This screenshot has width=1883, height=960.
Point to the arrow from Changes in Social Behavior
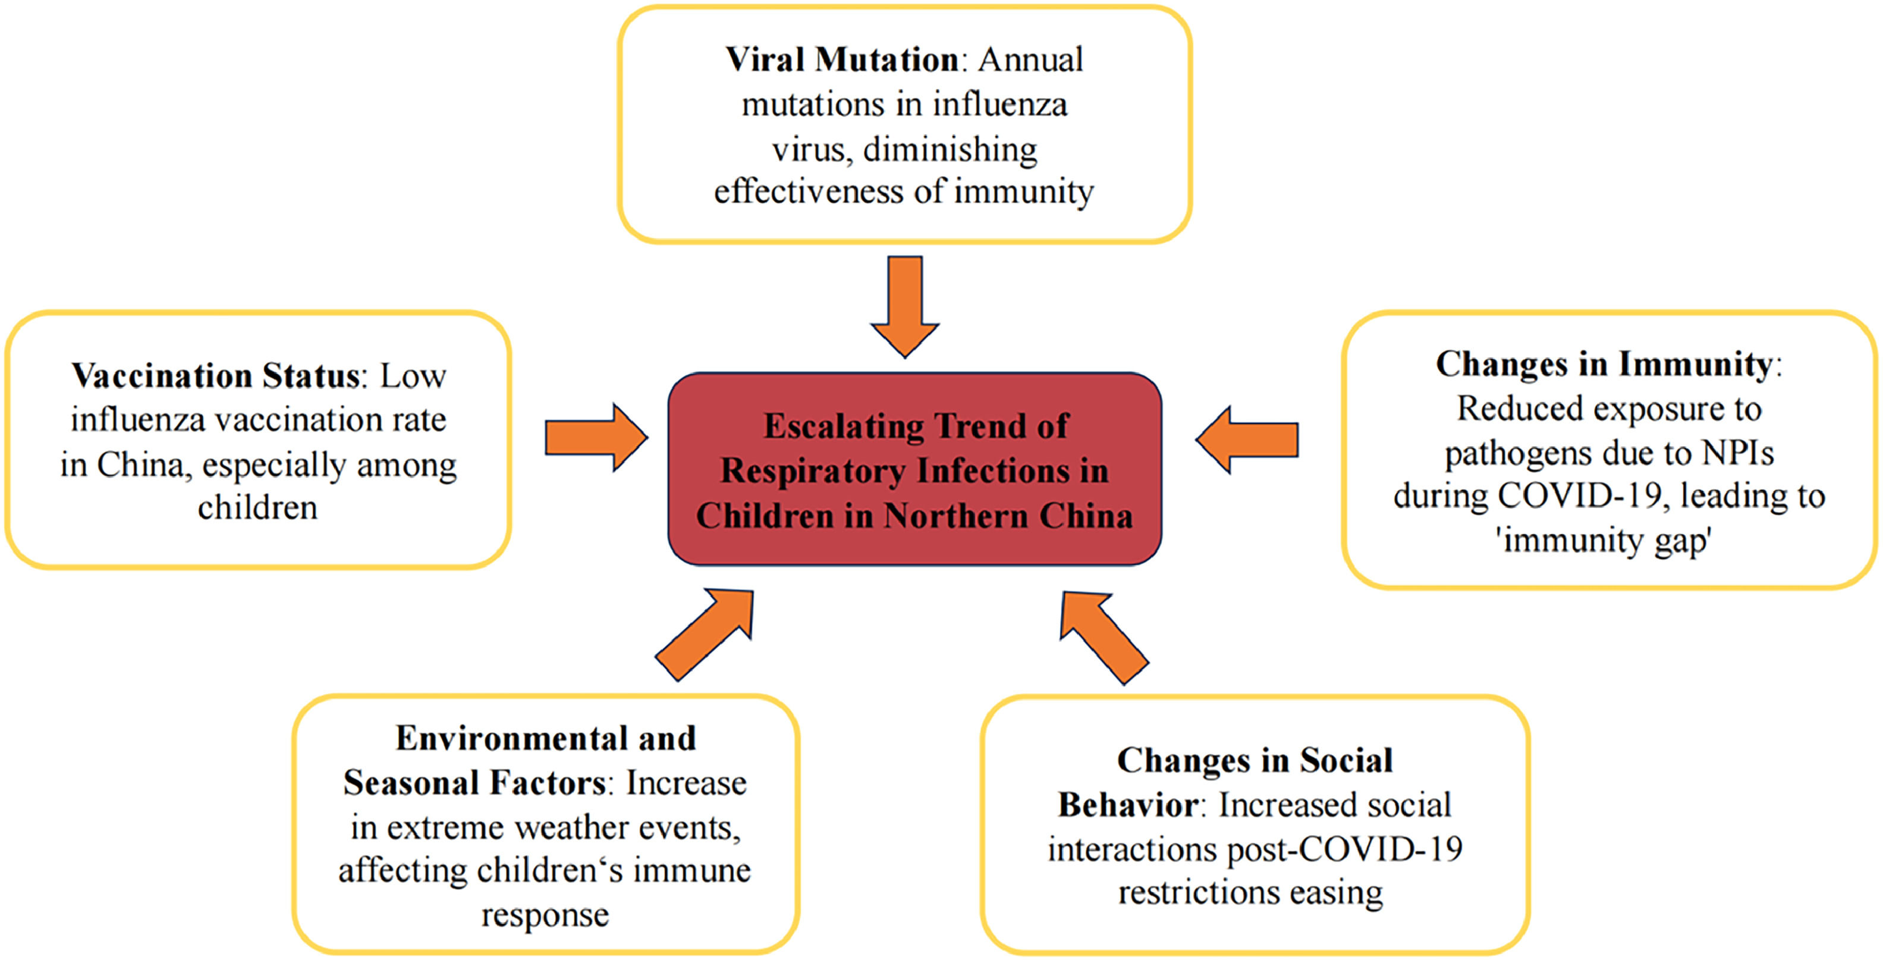pyautogui.click(x=1103, y=636)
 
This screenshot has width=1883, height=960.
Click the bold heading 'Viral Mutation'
pyautogui.click(x=841, y=60)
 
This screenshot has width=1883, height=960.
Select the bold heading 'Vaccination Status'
pyautogui.click(x=216, y=377)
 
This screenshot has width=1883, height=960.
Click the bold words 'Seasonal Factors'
pyautogui.click(x=474, y=784)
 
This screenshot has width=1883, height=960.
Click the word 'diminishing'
pyautogui.click(x=950, y=150)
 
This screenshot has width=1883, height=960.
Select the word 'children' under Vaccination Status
pyautogui.click(x=258, y=508)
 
